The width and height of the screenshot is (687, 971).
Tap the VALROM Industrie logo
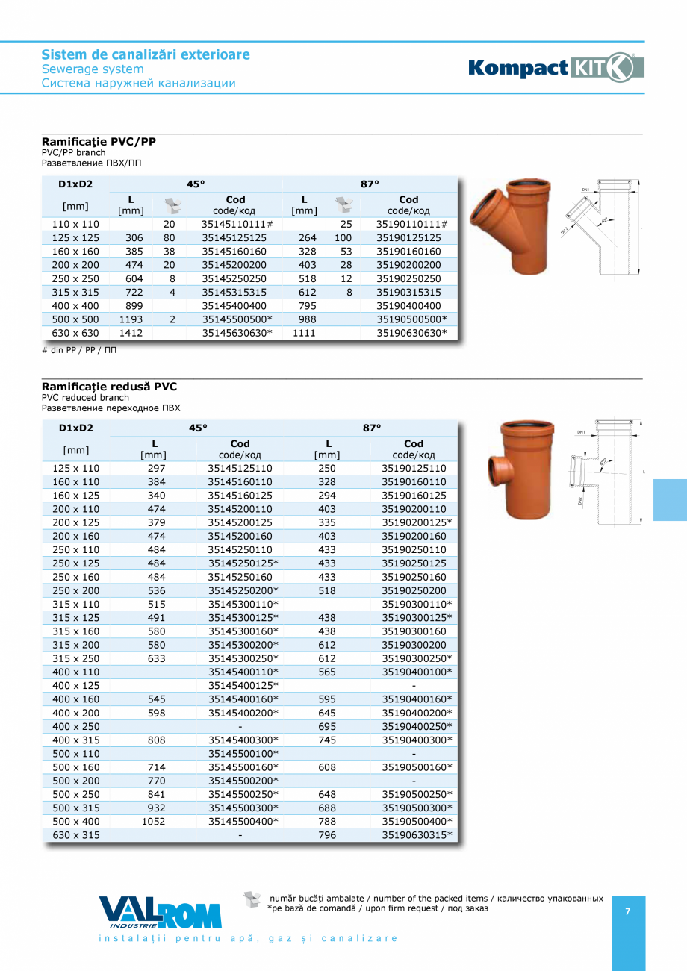point(160,912)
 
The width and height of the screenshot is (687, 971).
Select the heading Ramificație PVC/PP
point(99,140)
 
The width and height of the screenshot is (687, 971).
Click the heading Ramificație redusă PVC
point(109,387)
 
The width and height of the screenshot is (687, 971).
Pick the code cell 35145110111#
point(237,224)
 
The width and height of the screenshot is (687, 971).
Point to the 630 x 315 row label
point(75,835)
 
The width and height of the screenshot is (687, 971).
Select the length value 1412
point(131,333)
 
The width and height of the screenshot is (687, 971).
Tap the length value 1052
point(153,822)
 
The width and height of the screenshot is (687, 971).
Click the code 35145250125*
point(243,563)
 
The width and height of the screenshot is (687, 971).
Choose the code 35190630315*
point(417,835)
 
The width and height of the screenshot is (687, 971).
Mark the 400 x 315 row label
point(75,740)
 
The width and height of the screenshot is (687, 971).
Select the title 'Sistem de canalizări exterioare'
point(146,54)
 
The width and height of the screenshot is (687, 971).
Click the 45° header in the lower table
point(198,428)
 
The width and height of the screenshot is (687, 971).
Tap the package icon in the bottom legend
point(252,899)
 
